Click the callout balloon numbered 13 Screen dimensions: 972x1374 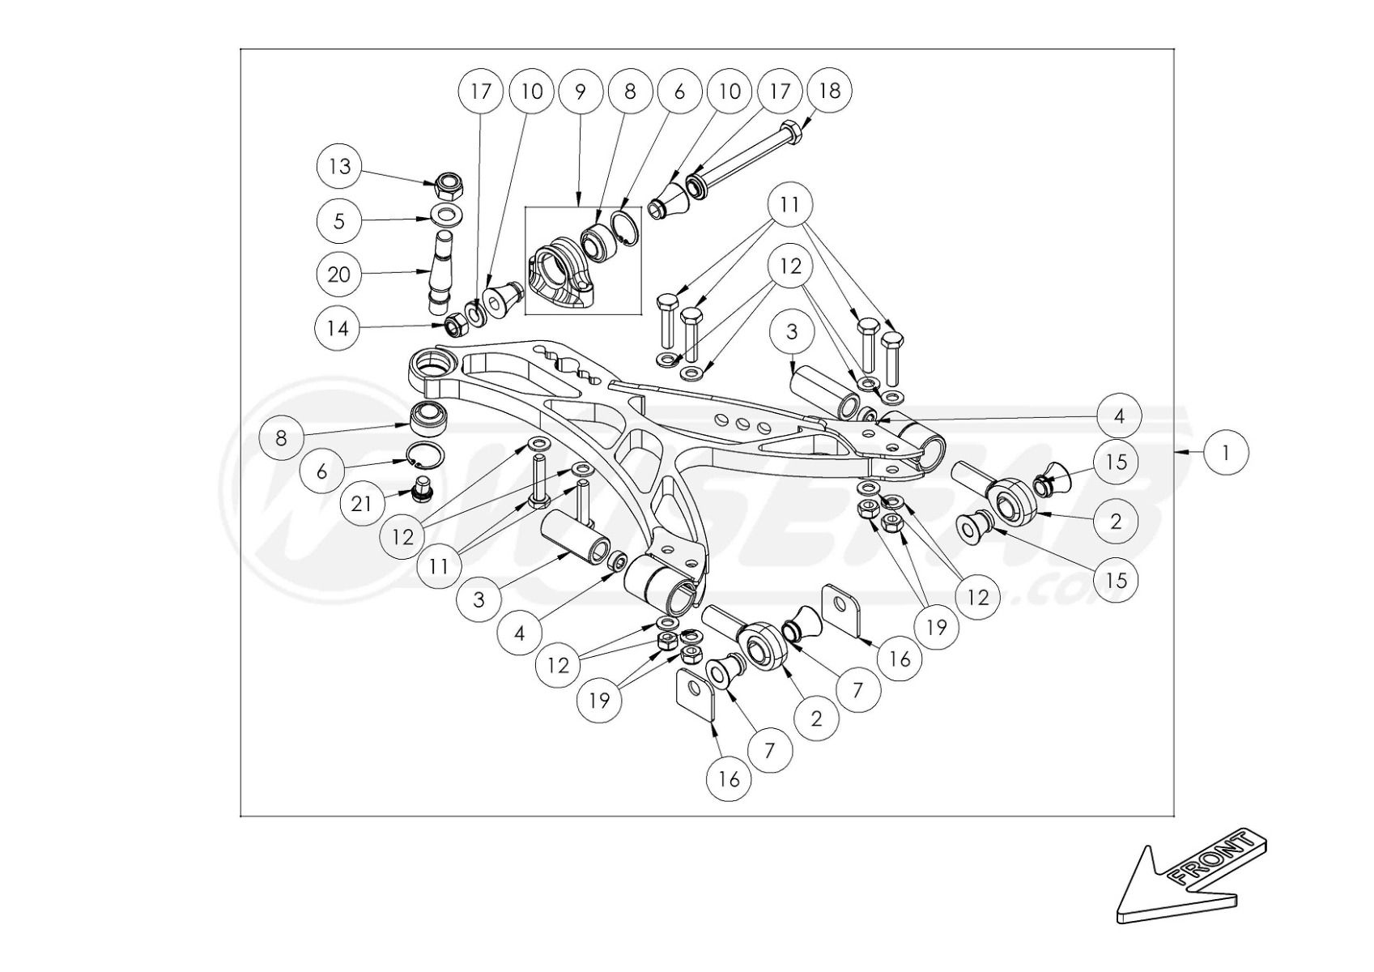pos(339,166)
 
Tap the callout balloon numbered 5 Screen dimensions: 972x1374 pos(339,220)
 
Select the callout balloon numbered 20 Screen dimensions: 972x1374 pos(339,275)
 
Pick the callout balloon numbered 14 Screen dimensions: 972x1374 pos(338,328)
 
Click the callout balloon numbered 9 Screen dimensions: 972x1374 pos(580,91)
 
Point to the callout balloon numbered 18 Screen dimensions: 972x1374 pos(830,91)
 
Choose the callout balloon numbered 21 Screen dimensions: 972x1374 pos(362,504)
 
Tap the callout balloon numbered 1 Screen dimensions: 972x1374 pos(1226,452)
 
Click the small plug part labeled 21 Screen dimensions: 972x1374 pos(421,488)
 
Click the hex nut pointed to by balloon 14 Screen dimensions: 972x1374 pos(454,326)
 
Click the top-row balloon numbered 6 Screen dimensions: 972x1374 pos(679,91)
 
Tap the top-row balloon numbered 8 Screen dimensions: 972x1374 pos(630,91)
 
